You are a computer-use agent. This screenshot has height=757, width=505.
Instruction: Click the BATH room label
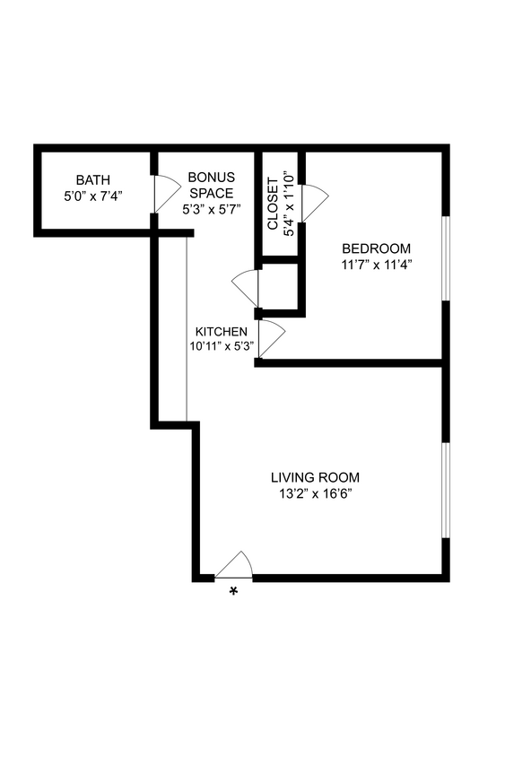click(92, 180)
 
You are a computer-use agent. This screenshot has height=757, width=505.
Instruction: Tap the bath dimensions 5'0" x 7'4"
click(92, 195)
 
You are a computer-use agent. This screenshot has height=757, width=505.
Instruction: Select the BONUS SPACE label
click(211, 185)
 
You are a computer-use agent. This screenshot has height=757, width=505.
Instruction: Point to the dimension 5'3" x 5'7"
click(211, 207)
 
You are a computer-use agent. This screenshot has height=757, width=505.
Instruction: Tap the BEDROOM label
click(377, 248)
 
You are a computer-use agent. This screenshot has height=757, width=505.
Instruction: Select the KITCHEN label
click(222, 331)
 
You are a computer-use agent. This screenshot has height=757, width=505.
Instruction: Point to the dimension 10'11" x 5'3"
click(222, 345)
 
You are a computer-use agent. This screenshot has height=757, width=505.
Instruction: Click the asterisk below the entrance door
click(234, 591)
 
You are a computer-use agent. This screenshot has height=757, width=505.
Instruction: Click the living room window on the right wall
click(446, 490)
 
